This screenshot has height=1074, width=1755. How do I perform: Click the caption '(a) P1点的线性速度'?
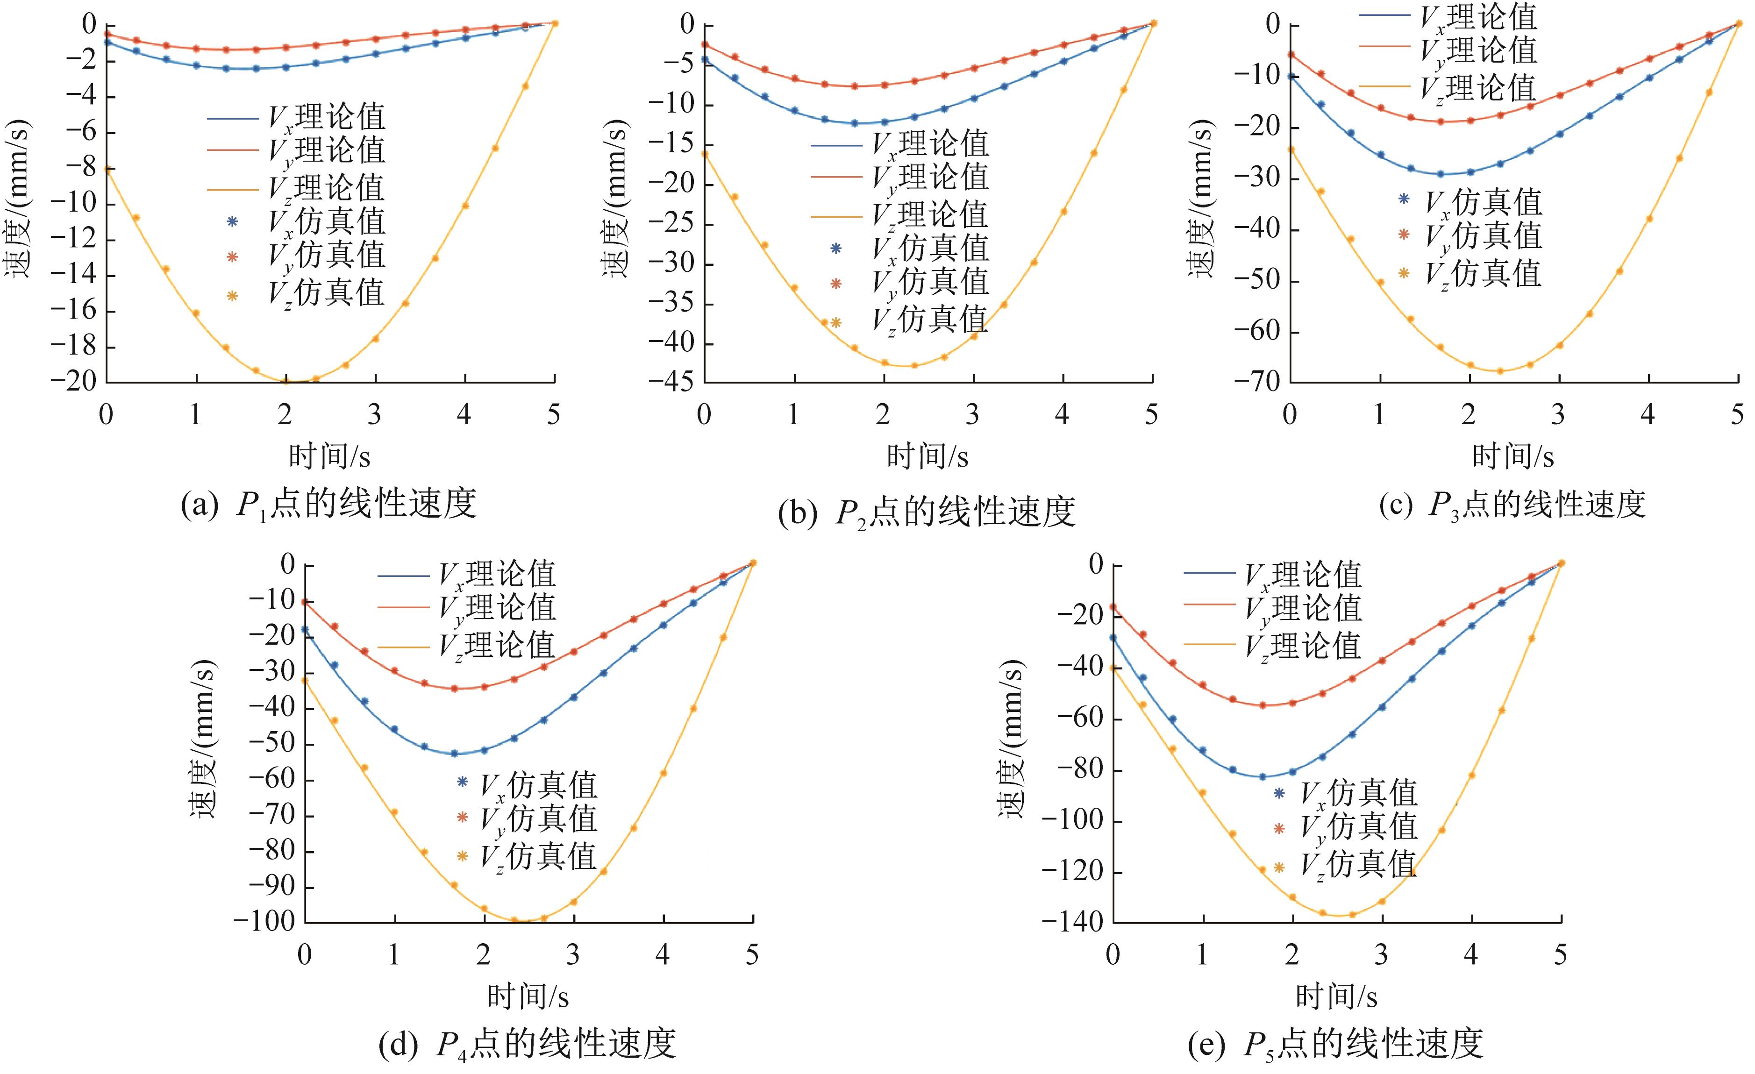pyautogui.click(x=328, y=504)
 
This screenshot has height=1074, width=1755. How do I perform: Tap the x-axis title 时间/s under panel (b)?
pyautogui.click(x=927, y=456)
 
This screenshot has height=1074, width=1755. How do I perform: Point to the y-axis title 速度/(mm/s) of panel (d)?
pyautogui.click(x=202, y=741)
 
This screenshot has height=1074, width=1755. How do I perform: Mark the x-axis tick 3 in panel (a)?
pyautogui.click(x=375, y=414)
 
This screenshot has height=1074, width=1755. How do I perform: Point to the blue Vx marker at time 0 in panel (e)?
pyautogui.click(x=1113, y=638)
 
